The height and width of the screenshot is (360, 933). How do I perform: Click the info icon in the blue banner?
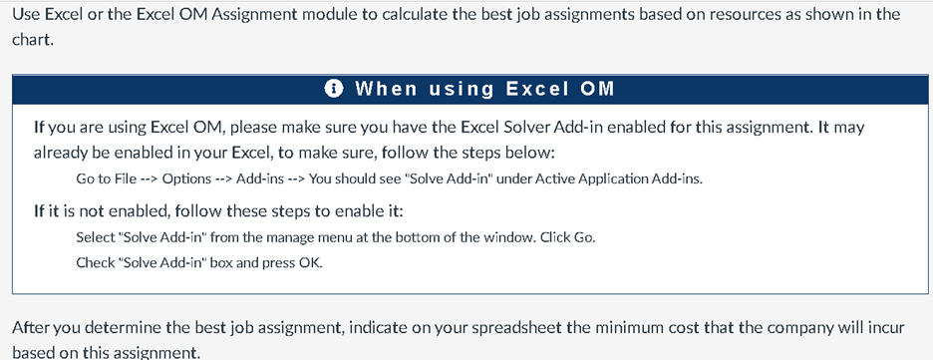tap(336, 89)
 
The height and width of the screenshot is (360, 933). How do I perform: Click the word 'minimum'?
tap(637, 327)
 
